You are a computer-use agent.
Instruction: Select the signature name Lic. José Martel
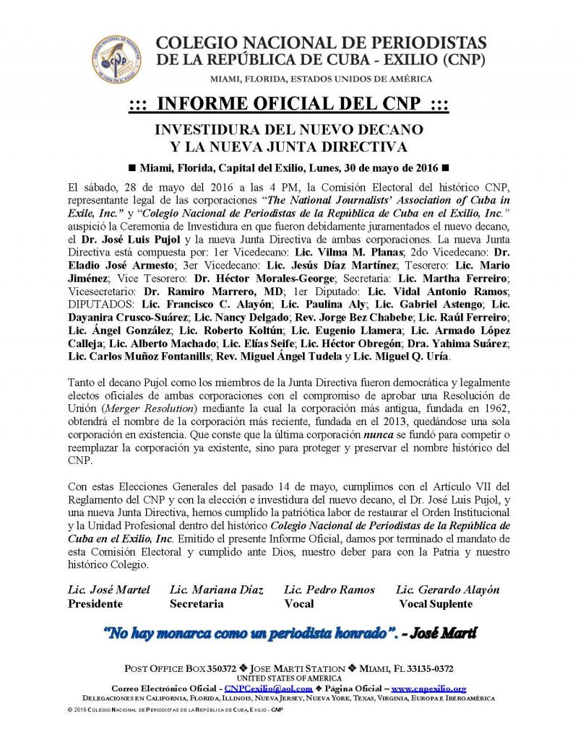click(109, 590)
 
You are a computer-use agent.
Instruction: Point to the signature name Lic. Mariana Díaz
click(216, 590)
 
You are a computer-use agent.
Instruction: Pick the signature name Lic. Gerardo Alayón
click(448, 590)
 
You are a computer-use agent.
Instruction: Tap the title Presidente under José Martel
click(95, 603)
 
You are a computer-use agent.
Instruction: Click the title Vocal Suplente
click(436, 603)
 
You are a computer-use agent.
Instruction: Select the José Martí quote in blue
click(289, 634)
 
